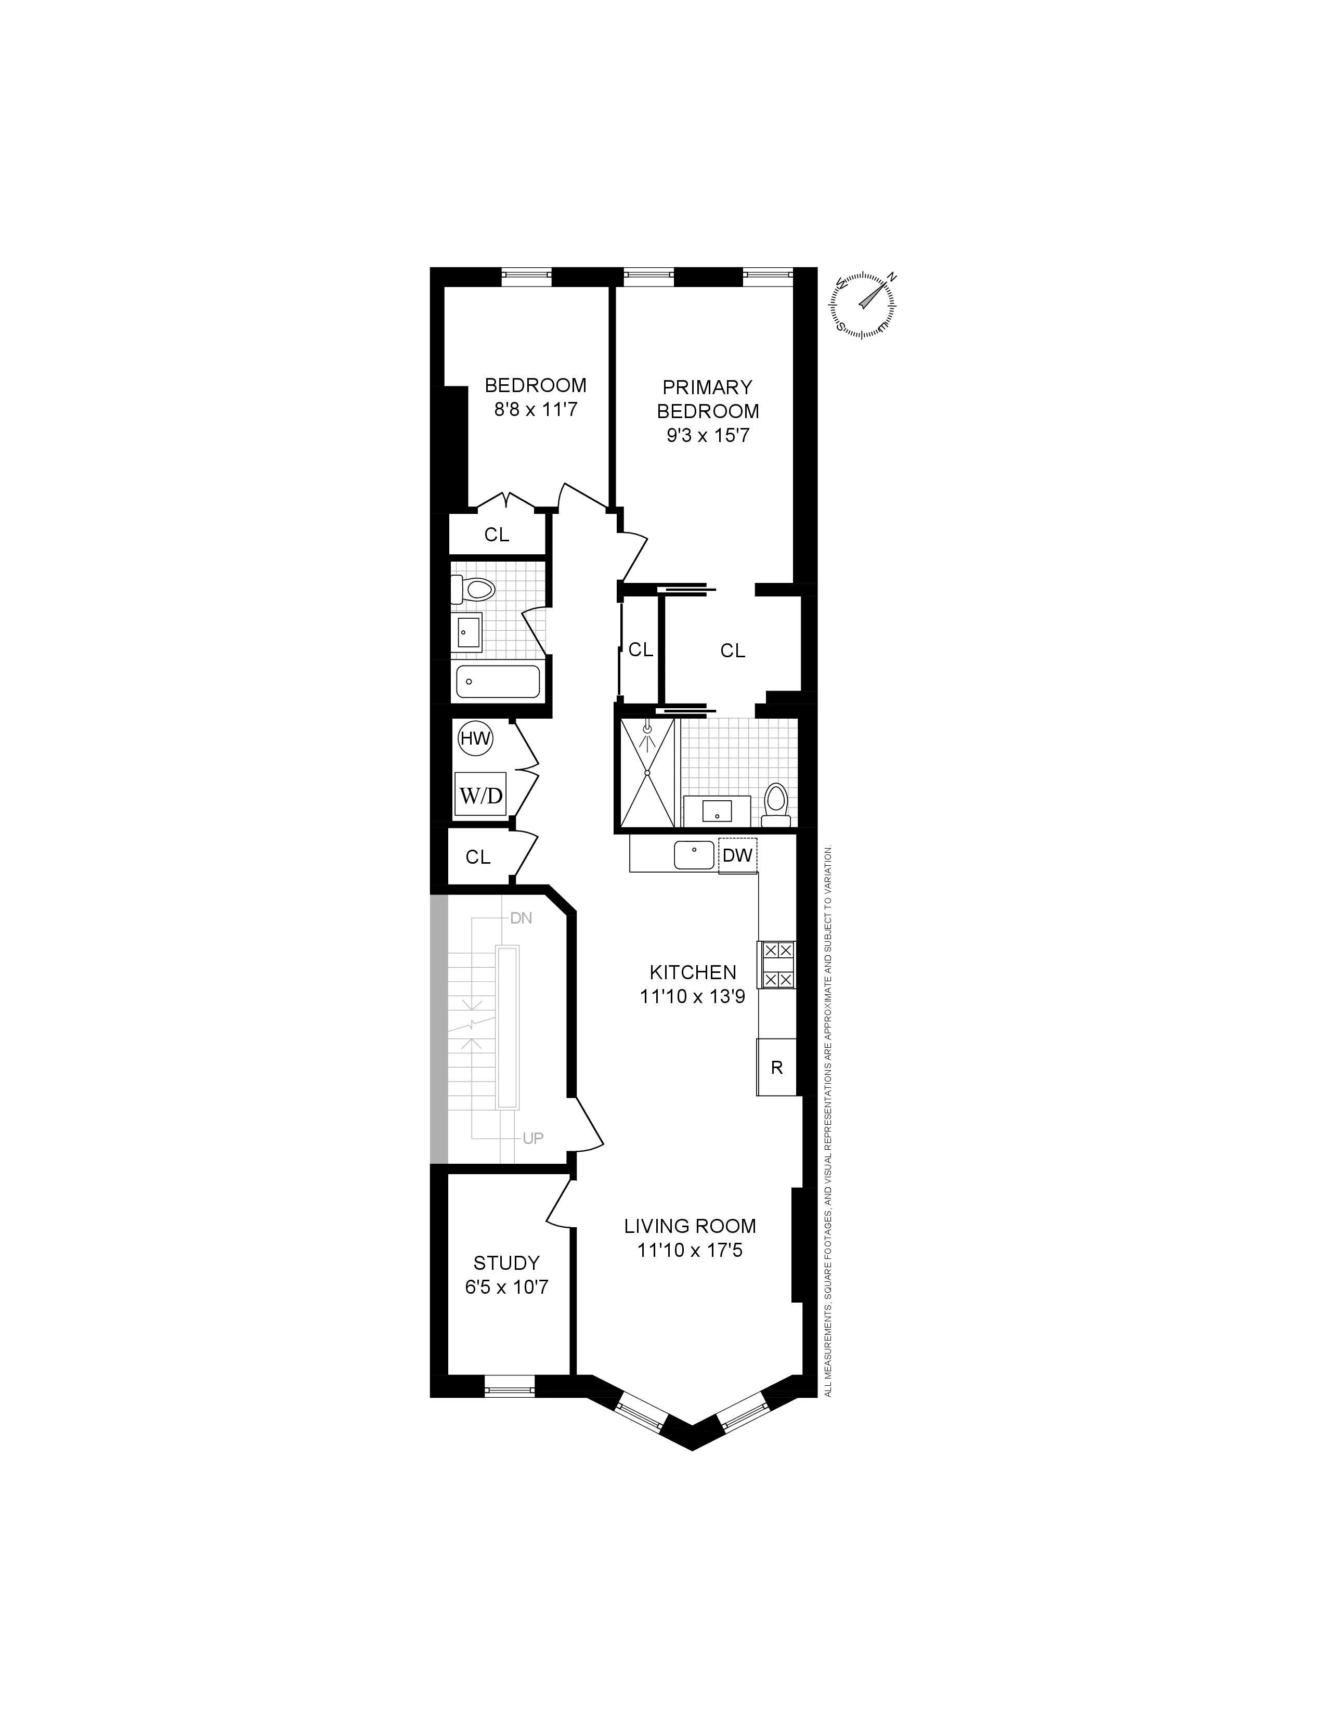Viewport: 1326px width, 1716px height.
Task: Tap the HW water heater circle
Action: point(475,738)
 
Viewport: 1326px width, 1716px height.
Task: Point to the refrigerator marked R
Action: point(777,1068)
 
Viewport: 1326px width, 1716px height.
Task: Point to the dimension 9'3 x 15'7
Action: point(708,435)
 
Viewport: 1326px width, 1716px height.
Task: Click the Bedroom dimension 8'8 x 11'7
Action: point(535,409)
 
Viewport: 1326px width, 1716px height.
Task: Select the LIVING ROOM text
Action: point(690,1226)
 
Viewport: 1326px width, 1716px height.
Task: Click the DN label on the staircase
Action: point(521,918)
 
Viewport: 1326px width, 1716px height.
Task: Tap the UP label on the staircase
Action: point(532,1138)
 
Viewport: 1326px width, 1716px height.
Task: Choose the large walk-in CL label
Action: point(732,651)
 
